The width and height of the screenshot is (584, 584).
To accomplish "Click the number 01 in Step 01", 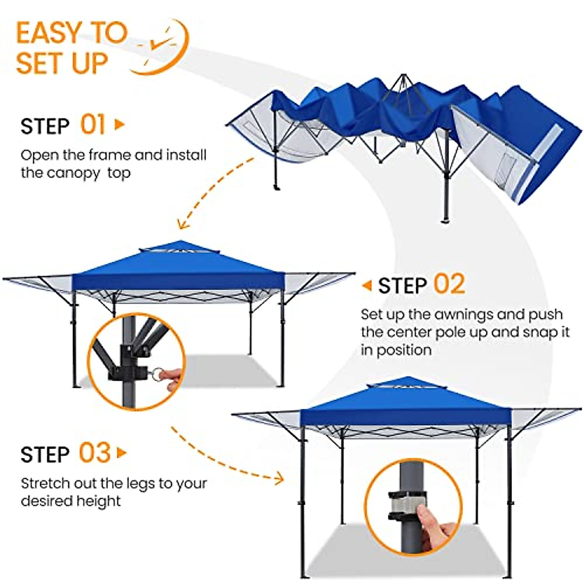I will (x=92, y=125).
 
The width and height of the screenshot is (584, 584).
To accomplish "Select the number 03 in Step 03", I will (x=94, y=453).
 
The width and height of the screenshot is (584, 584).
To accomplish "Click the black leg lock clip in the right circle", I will (x=407, y=506).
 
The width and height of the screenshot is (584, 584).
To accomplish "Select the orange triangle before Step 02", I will (x=367, y=286).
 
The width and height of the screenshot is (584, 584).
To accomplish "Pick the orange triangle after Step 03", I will (x=122, y=453).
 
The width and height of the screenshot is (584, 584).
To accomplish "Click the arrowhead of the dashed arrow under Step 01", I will (x=182, y=225).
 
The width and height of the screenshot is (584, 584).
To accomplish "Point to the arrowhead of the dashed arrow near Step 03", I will (x=279, y=478).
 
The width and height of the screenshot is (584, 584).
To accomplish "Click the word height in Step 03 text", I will (x=100, y=501).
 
